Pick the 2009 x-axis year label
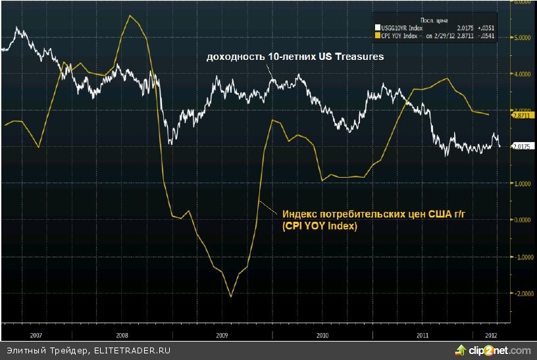223,334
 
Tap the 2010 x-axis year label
322,334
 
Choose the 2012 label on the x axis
491,334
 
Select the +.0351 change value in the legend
484,28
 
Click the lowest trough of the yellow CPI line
231,296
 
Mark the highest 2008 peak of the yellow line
130,15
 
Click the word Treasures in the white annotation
360,57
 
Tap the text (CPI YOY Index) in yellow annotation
319,226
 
